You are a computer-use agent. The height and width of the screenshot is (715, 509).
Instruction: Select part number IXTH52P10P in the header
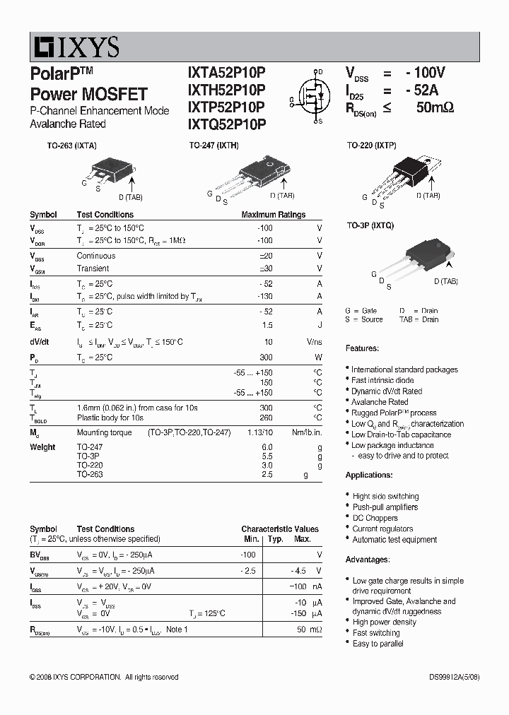point(226,90)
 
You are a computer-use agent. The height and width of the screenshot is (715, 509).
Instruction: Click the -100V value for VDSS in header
point(425,73)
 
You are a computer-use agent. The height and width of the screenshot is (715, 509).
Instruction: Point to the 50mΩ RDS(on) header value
point(435,107)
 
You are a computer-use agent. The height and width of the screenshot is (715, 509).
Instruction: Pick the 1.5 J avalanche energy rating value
point(267,325)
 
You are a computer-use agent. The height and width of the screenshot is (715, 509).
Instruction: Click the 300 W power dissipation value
point(266,357)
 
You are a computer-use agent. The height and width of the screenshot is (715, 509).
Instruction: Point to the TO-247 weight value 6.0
point(267,447)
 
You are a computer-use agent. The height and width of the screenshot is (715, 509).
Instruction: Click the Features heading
point(362,348)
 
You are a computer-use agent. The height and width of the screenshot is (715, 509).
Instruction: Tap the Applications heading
point(369,475)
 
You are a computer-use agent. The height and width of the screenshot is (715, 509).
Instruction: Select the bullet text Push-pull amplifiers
point(385,507)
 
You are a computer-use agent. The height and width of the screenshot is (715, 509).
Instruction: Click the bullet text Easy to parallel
point(378,644)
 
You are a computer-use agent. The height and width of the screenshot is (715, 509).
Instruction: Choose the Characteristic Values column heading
point(279,528)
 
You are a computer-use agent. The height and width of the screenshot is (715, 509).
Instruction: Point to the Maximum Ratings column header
point(273,215)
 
